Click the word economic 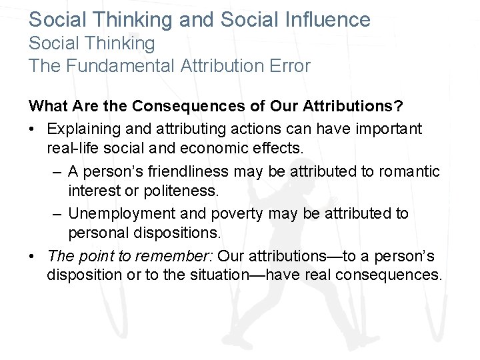pyautogui.click(x=227, y=149)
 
